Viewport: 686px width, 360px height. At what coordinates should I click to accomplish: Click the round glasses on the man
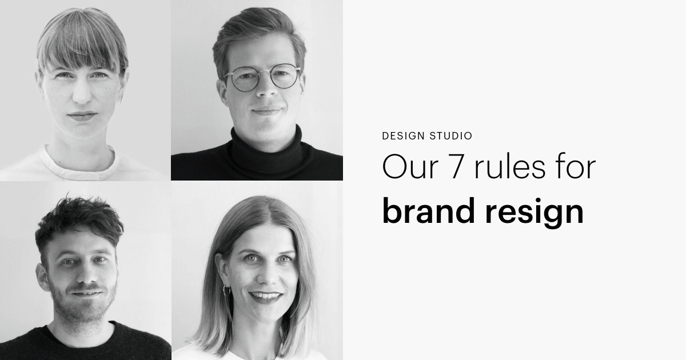pyautogui.click(x=262, y=77)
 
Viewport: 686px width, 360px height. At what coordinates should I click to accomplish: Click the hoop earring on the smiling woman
pyautogui.click(x=226, y=290)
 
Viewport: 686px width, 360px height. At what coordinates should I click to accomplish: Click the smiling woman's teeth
pyautogui.click(x=266, y=295)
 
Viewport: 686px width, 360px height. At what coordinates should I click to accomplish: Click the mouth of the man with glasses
pyautogui.click(x=266, y=110)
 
